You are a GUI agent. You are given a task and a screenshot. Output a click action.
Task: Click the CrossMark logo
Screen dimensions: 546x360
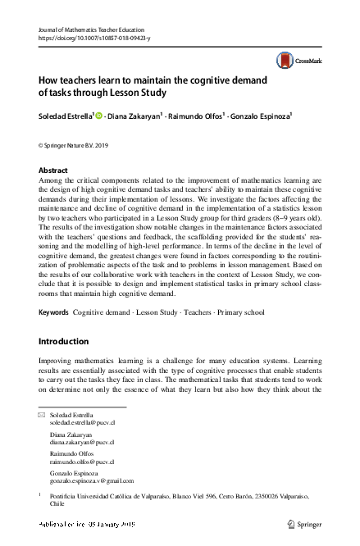[297, 60]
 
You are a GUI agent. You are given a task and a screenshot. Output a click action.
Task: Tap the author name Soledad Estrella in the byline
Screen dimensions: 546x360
[68, 116]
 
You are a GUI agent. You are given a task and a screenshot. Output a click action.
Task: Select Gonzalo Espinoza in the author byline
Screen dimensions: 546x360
[261, 116]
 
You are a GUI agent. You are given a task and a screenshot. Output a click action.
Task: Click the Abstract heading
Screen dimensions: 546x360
[54, 170]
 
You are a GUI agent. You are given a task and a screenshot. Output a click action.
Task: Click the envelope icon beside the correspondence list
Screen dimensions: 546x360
[43, 416]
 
